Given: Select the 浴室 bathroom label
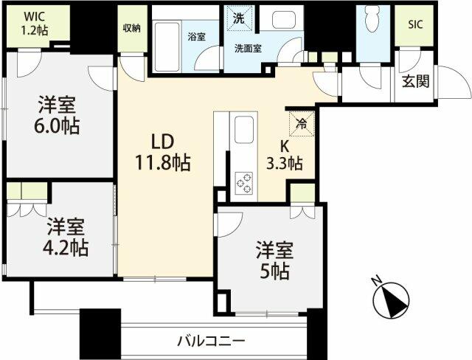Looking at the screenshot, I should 195,36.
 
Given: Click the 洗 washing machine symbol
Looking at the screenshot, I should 240,18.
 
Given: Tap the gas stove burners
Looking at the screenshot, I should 243,181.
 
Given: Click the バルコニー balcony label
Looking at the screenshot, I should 210,342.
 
